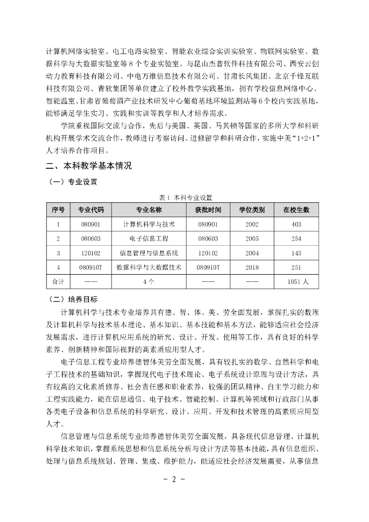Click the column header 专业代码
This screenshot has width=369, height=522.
pos(91,210)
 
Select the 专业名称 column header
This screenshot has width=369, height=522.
pos(148,210)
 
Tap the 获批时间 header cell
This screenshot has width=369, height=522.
pos(208,210)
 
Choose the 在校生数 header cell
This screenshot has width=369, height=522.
pos(296,210)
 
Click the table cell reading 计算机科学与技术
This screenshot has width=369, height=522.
pos(148,224)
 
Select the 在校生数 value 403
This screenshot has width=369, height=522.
pos(296,224)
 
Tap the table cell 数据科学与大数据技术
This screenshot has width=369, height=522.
pos(148,267)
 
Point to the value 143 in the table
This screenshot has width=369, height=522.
pos(296,252)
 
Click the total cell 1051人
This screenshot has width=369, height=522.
pos(296,281)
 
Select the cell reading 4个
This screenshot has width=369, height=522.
pos(148,281)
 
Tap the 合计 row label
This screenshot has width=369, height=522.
pos(58,281)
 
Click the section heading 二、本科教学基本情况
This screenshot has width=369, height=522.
pos(89,166)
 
